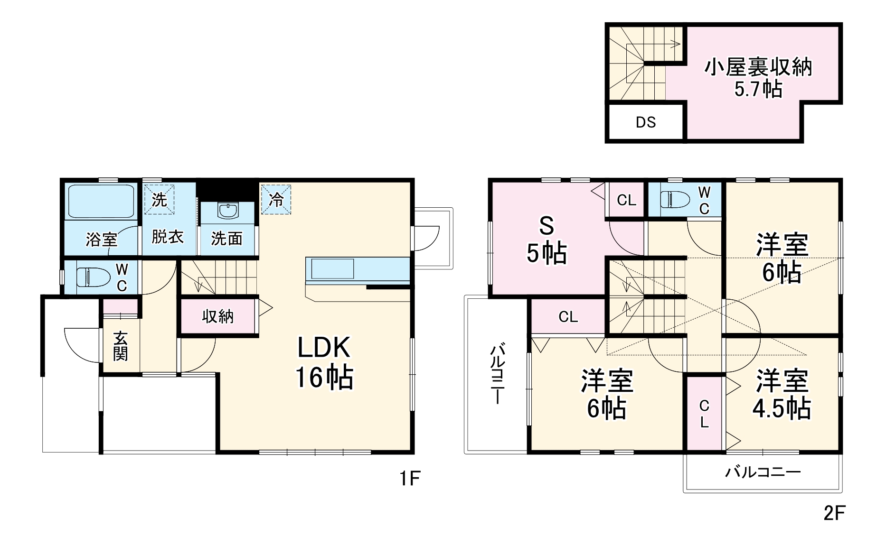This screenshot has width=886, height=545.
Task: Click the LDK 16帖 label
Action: tap(324, 362)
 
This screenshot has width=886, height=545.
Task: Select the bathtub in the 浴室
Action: tap(101, 201)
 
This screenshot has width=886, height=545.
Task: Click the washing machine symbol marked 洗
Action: tap(159, 200)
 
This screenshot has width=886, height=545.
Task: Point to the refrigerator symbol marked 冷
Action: tap(276, 200)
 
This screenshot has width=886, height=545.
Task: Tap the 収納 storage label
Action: tap(218, 316)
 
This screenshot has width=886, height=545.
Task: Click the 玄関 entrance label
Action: tap(121, 346)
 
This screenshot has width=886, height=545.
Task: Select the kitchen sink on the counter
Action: tap(332, 269)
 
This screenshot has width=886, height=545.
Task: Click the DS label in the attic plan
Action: tap(646, 122)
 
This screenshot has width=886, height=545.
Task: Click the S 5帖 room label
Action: tap(547, 240)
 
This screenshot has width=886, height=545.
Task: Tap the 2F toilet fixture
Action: tap(674, 199)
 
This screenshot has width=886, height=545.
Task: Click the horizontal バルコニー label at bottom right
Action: tap(763, 472)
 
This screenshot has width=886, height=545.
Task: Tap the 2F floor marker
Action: tap(834, 513)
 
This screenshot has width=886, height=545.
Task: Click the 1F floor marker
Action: tap(409, 479)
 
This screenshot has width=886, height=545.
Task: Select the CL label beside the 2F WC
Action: tap(626, 200)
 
